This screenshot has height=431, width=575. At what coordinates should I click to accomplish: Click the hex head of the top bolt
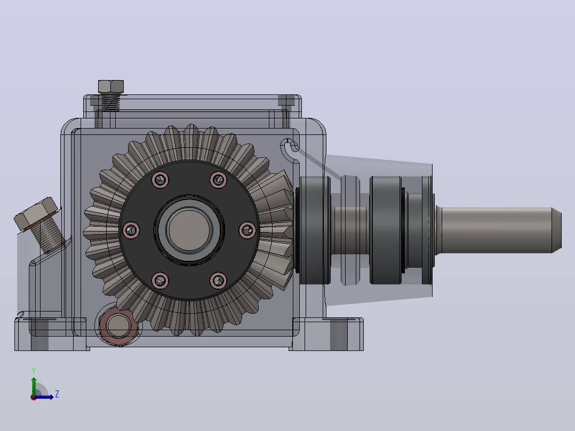coord(111,86)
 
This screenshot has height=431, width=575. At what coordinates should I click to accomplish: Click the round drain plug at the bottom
coord(118,326)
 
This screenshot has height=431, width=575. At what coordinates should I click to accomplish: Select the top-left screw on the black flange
coord(160,180)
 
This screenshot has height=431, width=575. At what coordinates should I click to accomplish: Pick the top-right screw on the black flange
coord(219,179)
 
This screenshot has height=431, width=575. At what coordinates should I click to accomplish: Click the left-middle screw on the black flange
coord(131,230)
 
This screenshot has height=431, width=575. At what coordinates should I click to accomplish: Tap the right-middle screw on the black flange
coord(247,230)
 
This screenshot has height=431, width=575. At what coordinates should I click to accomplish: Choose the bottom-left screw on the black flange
coord(160,281)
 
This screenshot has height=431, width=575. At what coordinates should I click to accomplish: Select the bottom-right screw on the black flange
coord(219,281)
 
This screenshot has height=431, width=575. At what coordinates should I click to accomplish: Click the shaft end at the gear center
coord(189,230)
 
